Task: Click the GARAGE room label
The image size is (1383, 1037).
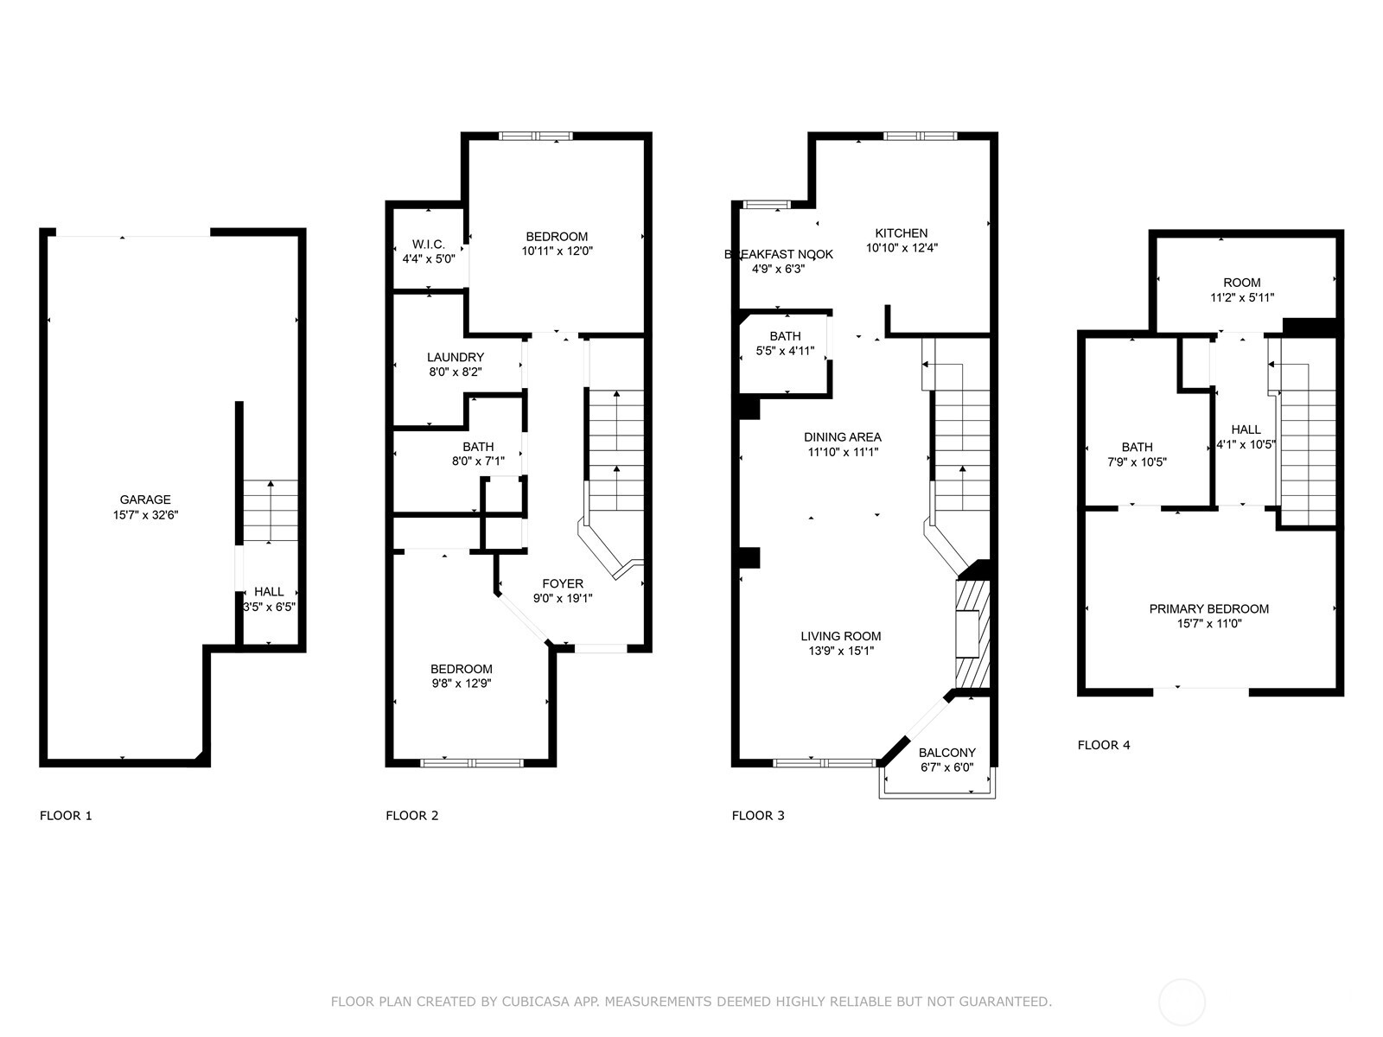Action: click(x=145, y=499)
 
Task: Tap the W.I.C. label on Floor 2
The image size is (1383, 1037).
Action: click(x=429, y=245)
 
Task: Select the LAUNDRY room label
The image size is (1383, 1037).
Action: click(x=456, y=357)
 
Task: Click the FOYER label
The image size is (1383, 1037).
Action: click(x=563, y=583)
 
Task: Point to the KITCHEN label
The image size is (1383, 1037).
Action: click(x=902, y=232)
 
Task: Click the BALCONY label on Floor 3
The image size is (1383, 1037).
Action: click(x=947, y=753)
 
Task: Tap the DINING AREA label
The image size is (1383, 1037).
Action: click(x=843, y=437)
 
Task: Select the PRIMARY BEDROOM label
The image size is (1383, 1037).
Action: click(x=1208, y=608)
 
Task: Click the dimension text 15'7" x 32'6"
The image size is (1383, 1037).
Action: click(x=145, y=515)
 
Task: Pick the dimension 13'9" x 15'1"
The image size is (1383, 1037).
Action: click(x=841, y=652)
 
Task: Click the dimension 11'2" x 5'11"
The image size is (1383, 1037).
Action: click(x=1242, y=298)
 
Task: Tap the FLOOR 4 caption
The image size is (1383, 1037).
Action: click(x=1104, y=745)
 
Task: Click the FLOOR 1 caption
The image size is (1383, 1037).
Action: click(x=66, y=815)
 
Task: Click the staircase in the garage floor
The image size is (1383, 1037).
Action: click(x=270, y=511)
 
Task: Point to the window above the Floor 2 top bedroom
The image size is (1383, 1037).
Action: click(x=536, y=136)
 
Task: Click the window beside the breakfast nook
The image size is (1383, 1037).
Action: click(x=767, y=205)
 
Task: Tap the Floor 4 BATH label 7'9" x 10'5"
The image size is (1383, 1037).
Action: click(x=1137, y=447)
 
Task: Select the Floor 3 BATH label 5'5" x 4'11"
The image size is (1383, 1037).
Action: click(x=785, y=336)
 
